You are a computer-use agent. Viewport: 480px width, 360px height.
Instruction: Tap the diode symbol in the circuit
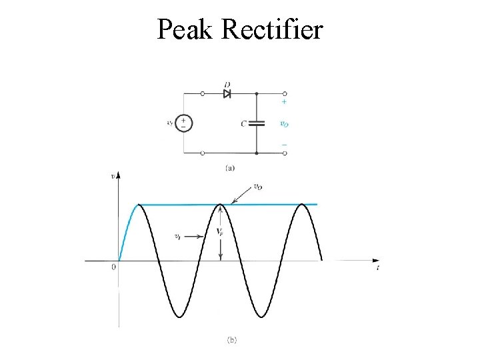point(227,94)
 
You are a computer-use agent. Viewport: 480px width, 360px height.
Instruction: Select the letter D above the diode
point(227,84)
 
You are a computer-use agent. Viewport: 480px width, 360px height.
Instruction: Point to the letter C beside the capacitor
point(243,123)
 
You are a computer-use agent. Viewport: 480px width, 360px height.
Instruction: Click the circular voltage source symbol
point(183,123)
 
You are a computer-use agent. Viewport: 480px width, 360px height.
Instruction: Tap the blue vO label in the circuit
point(283,123)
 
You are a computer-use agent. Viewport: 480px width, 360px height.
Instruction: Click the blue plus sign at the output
point(285,103)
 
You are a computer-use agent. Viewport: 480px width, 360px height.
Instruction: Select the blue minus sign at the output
point(285,144)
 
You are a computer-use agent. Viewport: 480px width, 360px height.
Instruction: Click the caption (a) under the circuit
point(230,168)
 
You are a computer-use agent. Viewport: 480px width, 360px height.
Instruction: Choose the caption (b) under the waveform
point(231,340)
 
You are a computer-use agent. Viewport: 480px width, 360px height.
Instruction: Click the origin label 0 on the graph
point(113,267)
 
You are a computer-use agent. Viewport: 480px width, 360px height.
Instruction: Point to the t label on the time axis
point(378,267)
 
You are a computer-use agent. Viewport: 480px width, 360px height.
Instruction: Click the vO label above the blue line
point(257,187)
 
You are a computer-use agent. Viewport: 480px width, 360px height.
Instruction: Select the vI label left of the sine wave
point(178,236)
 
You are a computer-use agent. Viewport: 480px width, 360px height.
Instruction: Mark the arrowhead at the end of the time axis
point(376,259)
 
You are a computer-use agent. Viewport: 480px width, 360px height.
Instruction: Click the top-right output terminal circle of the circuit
point(285,94)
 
